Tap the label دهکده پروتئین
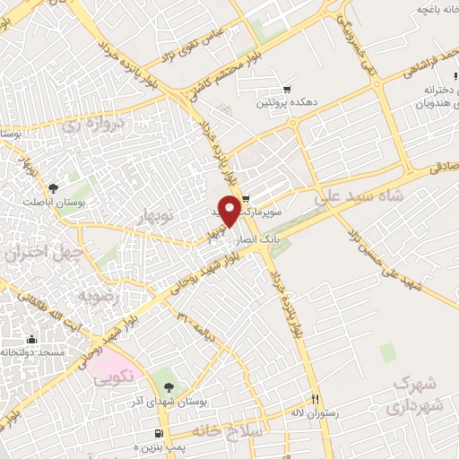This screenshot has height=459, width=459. [287, 104]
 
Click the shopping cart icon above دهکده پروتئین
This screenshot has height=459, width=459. [287, 90]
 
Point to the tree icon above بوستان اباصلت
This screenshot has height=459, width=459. [53, 187]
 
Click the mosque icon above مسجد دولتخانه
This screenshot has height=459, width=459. [32, 339]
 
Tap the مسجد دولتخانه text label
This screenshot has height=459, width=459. [33, 353]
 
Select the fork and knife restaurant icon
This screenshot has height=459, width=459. [315, 399]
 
